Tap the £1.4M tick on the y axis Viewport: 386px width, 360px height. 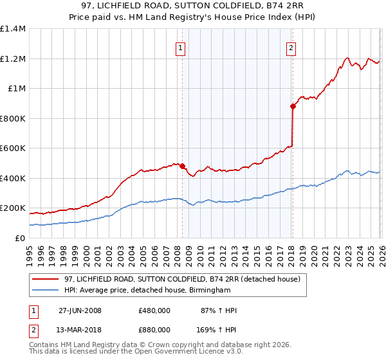pyautogui.click(x=13, y=29)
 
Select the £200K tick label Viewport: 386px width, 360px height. pyautogui.click(x=13, y=208)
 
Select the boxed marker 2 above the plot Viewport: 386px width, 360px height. pyautogui.click(x=291, y=48)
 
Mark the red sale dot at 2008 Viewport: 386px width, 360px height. pyautogui.click(x=183, y=166)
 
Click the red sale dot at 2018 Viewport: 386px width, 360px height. pyautogui.click(x=293, y=107)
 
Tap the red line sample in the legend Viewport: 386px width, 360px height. pyautogui.click(x=45, y=279)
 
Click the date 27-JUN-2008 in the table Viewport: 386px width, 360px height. pyautogui.click(x=79, y=310)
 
